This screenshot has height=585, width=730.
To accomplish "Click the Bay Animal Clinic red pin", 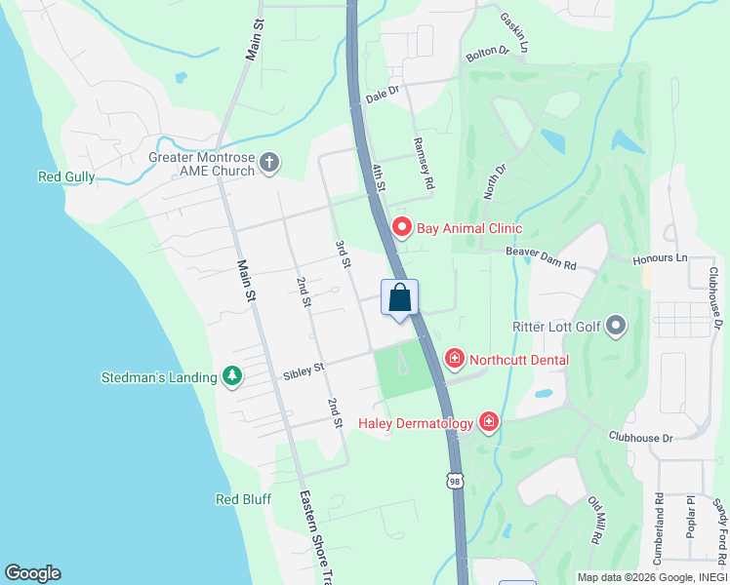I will point(401,227).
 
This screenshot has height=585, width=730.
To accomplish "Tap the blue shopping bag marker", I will point(400,298).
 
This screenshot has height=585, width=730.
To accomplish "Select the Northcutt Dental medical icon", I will point(454,360).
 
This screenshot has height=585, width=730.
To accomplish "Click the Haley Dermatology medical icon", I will point(489,422).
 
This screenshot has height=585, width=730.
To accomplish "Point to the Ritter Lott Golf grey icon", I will point(616,326).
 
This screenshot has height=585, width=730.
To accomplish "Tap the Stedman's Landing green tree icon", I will point(231,375).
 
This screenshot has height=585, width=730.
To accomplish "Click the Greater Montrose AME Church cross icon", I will point(270,164).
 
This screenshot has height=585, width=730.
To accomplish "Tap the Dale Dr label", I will point(384,94).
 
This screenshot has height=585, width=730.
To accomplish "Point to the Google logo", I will point(32,573).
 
